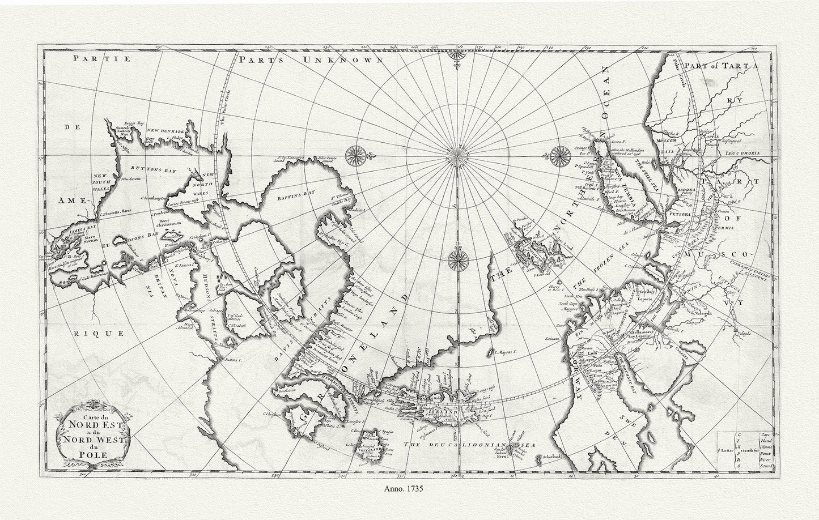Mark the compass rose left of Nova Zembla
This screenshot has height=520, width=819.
click(x=561, y=153)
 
